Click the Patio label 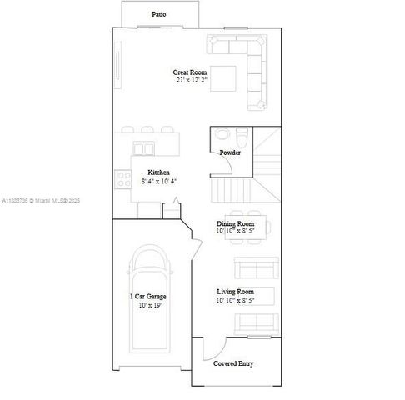[158, 14]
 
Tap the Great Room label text [192, 72]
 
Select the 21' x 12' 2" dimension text [192, 81]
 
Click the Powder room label [231, 153]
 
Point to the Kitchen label [159, 172]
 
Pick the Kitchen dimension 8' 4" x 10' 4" [159, 181]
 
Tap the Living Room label [235, 291]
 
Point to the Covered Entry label [234, 364]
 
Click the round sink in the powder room [222, 135]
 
